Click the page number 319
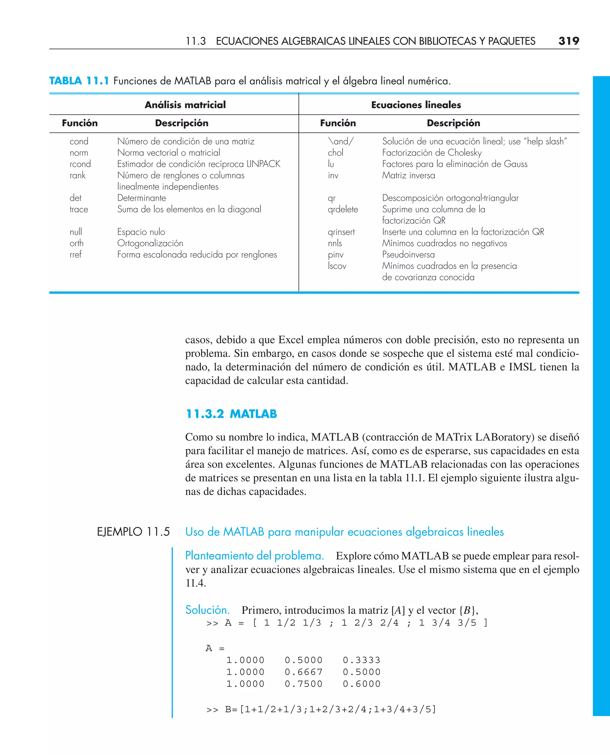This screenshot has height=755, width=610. pos(568,41)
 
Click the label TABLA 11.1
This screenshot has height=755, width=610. pos(79,81)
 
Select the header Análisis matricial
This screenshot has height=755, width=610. pos(185,105)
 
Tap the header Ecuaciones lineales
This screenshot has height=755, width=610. pos(416,105)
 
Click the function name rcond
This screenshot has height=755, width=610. pos(80,164)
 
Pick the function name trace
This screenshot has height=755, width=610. pos(79,209)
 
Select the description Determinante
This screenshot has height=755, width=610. pos(141,198)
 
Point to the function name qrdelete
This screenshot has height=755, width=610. pos(343,209)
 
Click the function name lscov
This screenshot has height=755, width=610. pos(337,266)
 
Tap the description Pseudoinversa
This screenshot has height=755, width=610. pos(408,255)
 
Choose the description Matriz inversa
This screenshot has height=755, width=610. pos(408,175)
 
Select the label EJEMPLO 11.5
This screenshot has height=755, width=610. pos(133,532)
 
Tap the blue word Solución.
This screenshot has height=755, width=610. pos(207,610)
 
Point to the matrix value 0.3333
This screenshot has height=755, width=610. pos(362,660)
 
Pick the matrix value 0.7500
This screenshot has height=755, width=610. pos(303,684)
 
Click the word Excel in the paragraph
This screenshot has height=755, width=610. pos(293,340)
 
